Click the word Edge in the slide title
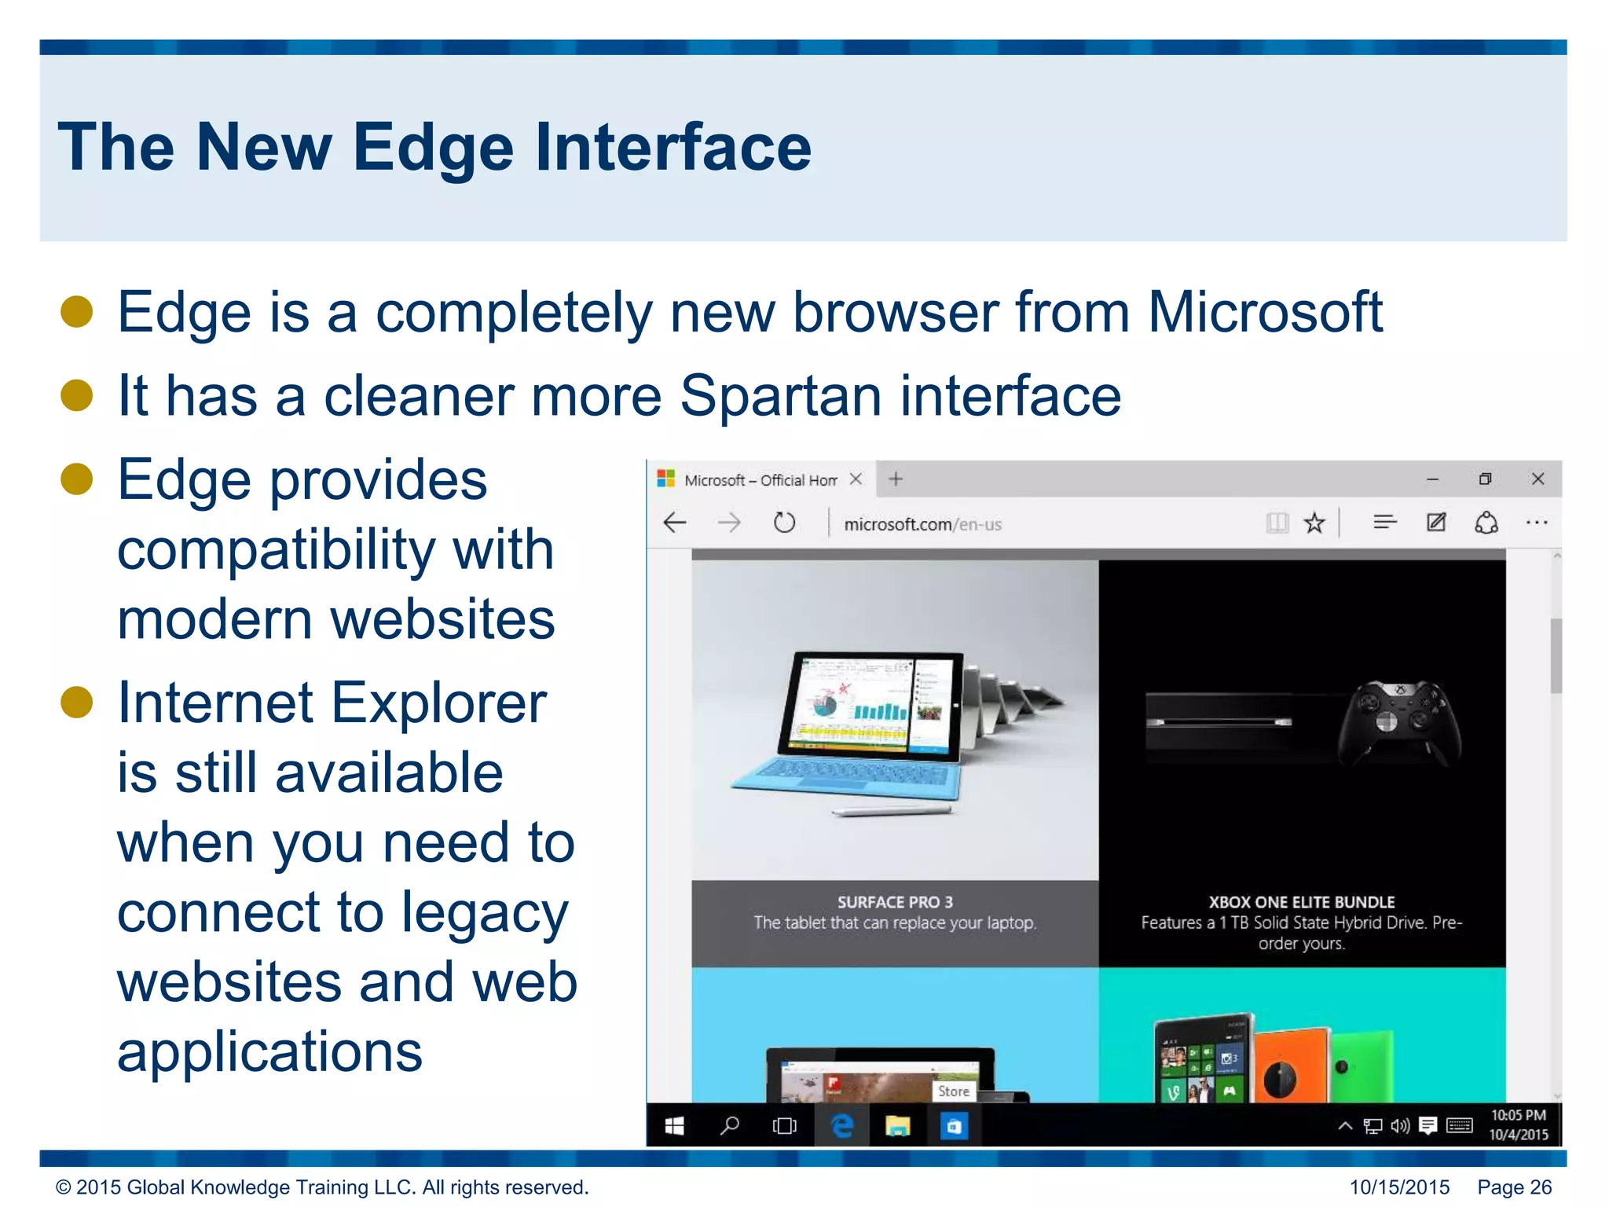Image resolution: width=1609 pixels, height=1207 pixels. coord(433,148)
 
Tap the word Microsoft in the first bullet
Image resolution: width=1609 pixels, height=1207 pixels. coord(1264,313)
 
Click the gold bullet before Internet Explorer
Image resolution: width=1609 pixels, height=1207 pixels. coord(77,702)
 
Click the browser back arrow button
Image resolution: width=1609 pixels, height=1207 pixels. coord(675,523)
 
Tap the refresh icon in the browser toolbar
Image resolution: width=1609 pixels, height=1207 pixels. coord(784,523)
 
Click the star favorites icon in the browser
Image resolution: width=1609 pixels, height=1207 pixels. coord(1314,523)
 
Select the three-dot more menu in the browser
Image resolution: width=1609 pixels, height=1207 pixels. coord(1536,523)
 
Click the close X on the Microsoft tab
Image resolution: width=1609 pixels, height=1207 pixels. coord(856,479)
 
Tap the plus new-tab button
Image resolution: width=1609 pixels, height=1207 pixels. coord(896,479)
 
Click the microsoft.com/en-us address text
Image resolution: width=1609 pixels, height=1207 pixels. coord(922,524)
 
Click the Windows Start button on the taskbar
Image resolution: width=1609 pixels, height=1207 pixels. coord(674,1126)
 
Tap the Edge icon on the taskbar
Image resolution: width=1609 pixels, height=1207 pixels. coord(842,1126)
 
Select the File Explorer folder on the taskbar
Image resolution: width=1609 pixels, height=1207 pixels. coord(898,1126)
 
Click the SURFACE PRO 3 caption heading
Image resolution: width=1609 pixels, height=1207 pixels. coord(895,902)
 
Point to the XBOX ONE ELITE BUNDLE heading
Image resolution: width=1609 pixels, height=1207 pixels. coord(1301,902)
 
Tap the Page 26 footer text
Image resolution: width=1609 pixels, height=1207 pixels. coord(1514,1187)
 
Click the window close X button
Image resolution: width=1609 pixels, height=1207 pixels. coord(1538,479)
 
